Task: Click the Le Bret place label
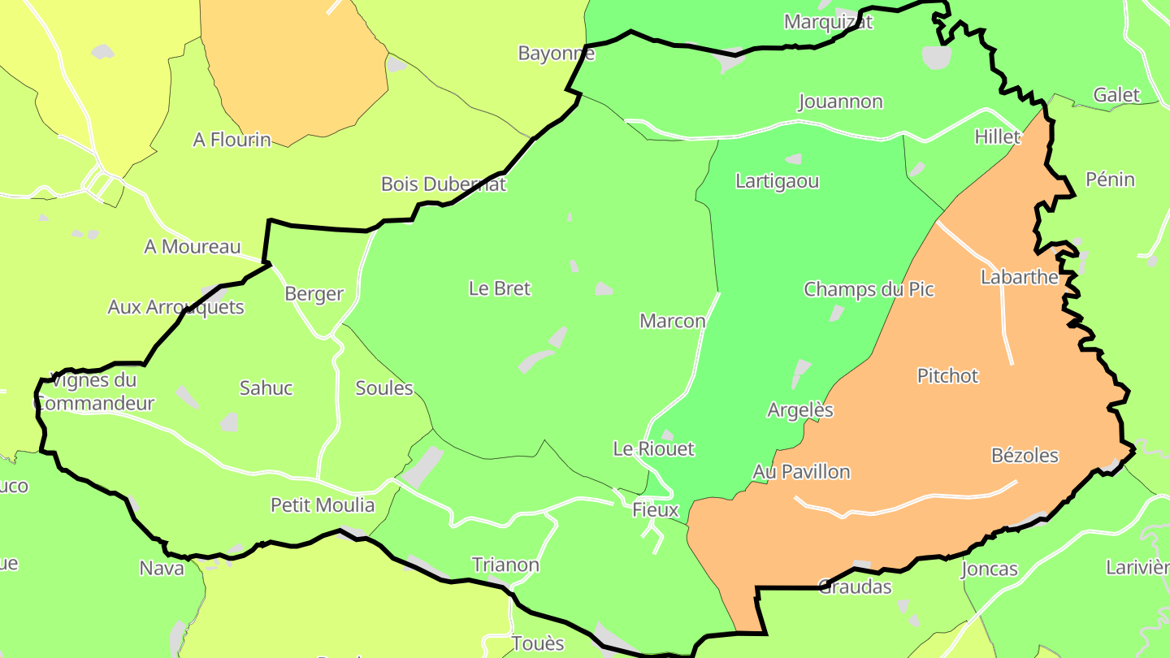(500, 288)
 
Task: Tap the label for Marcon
(673, 321)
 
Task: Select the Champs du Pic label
(869, 289)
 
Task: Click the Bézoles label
(1025, 456)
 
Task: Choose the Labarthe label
(1020, 277)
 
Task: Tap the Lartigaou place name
(778, 181)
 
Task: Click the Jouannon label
(840, 102)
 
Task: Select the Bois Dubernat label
(444, 184)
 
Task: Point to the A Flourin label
(232, 140)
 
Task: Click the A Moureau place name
(193, 247)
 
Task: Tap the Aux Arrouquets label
(175, 307)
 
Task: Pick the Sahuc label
(266, 388)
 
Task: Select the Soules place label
(384, 388)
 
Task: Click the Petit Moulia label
(323, 505)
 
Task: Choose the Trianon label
(505, 565)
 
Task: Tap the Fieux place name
(655, 510)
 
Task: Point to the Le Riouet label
(654, 448)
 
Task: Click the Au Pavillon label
(801, 472)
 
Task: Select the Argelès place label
(800, 410)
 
